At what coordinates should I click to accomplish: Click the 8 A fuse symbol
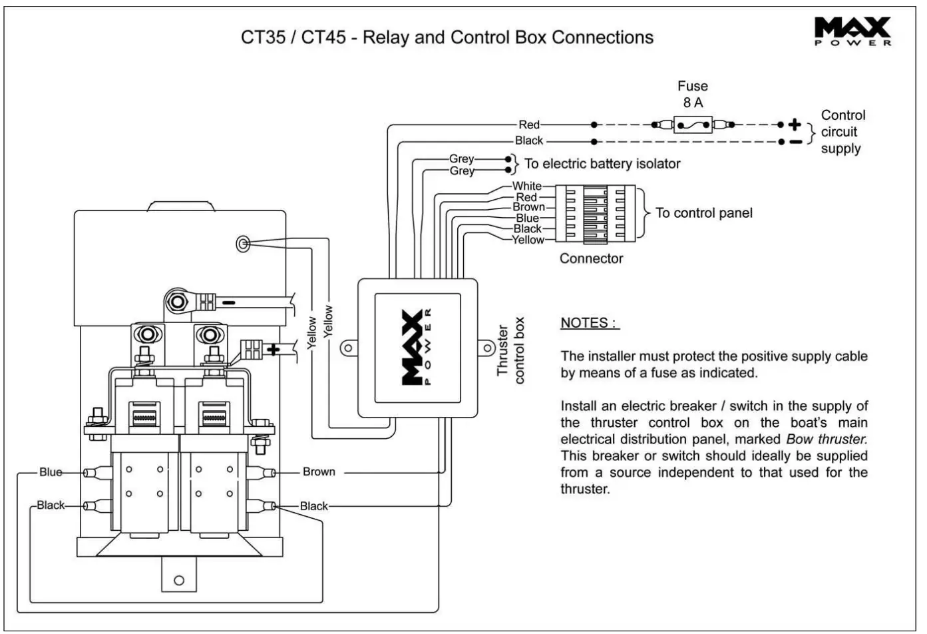[x=693, y=125]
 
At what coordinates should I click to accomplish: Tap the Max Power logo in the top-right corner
[x=852, y=31]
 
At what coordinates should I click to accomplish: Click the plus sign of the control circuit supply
[x=795, y=125]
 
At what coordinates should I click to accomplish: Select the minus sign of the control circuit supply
[x=795, y=141]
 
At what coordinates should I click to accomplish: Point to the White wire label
[x=526, y=186]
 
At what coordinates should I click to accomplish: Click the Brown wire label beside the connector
[x=528, y=207]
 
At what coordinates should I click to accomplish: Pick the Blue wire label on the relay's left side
[x=51, y=472]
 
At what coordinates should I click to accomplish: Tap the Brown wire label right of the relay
[x=319, y=472]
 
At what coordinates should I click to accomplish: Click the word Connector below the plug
[x=591, y=258]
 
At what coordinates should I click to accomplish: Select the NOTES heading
[x=589, y=323]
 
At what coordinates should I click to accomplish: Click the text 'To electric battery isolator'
[x=602, y=164]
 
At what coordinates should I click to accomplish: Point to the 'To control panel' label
[x=704, y=213]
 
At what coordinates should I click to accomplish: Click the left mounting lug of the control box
[x=347, y=348]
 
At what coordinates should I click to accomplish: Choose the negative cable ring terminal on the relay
[x=178, y=302]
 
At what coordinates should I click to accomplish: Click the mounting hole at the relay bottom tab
[x=178, y=580]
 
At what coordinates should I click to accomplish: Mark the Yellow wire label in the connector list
[x=528, y=240]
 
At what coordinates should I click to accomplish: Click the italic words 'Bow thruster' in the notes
[x=827, y=440]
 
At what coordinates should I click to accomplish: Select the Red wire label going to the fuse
[x=529, y=125]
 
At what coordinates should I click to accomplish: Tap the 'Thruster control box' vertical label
[x=511, y=350]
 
